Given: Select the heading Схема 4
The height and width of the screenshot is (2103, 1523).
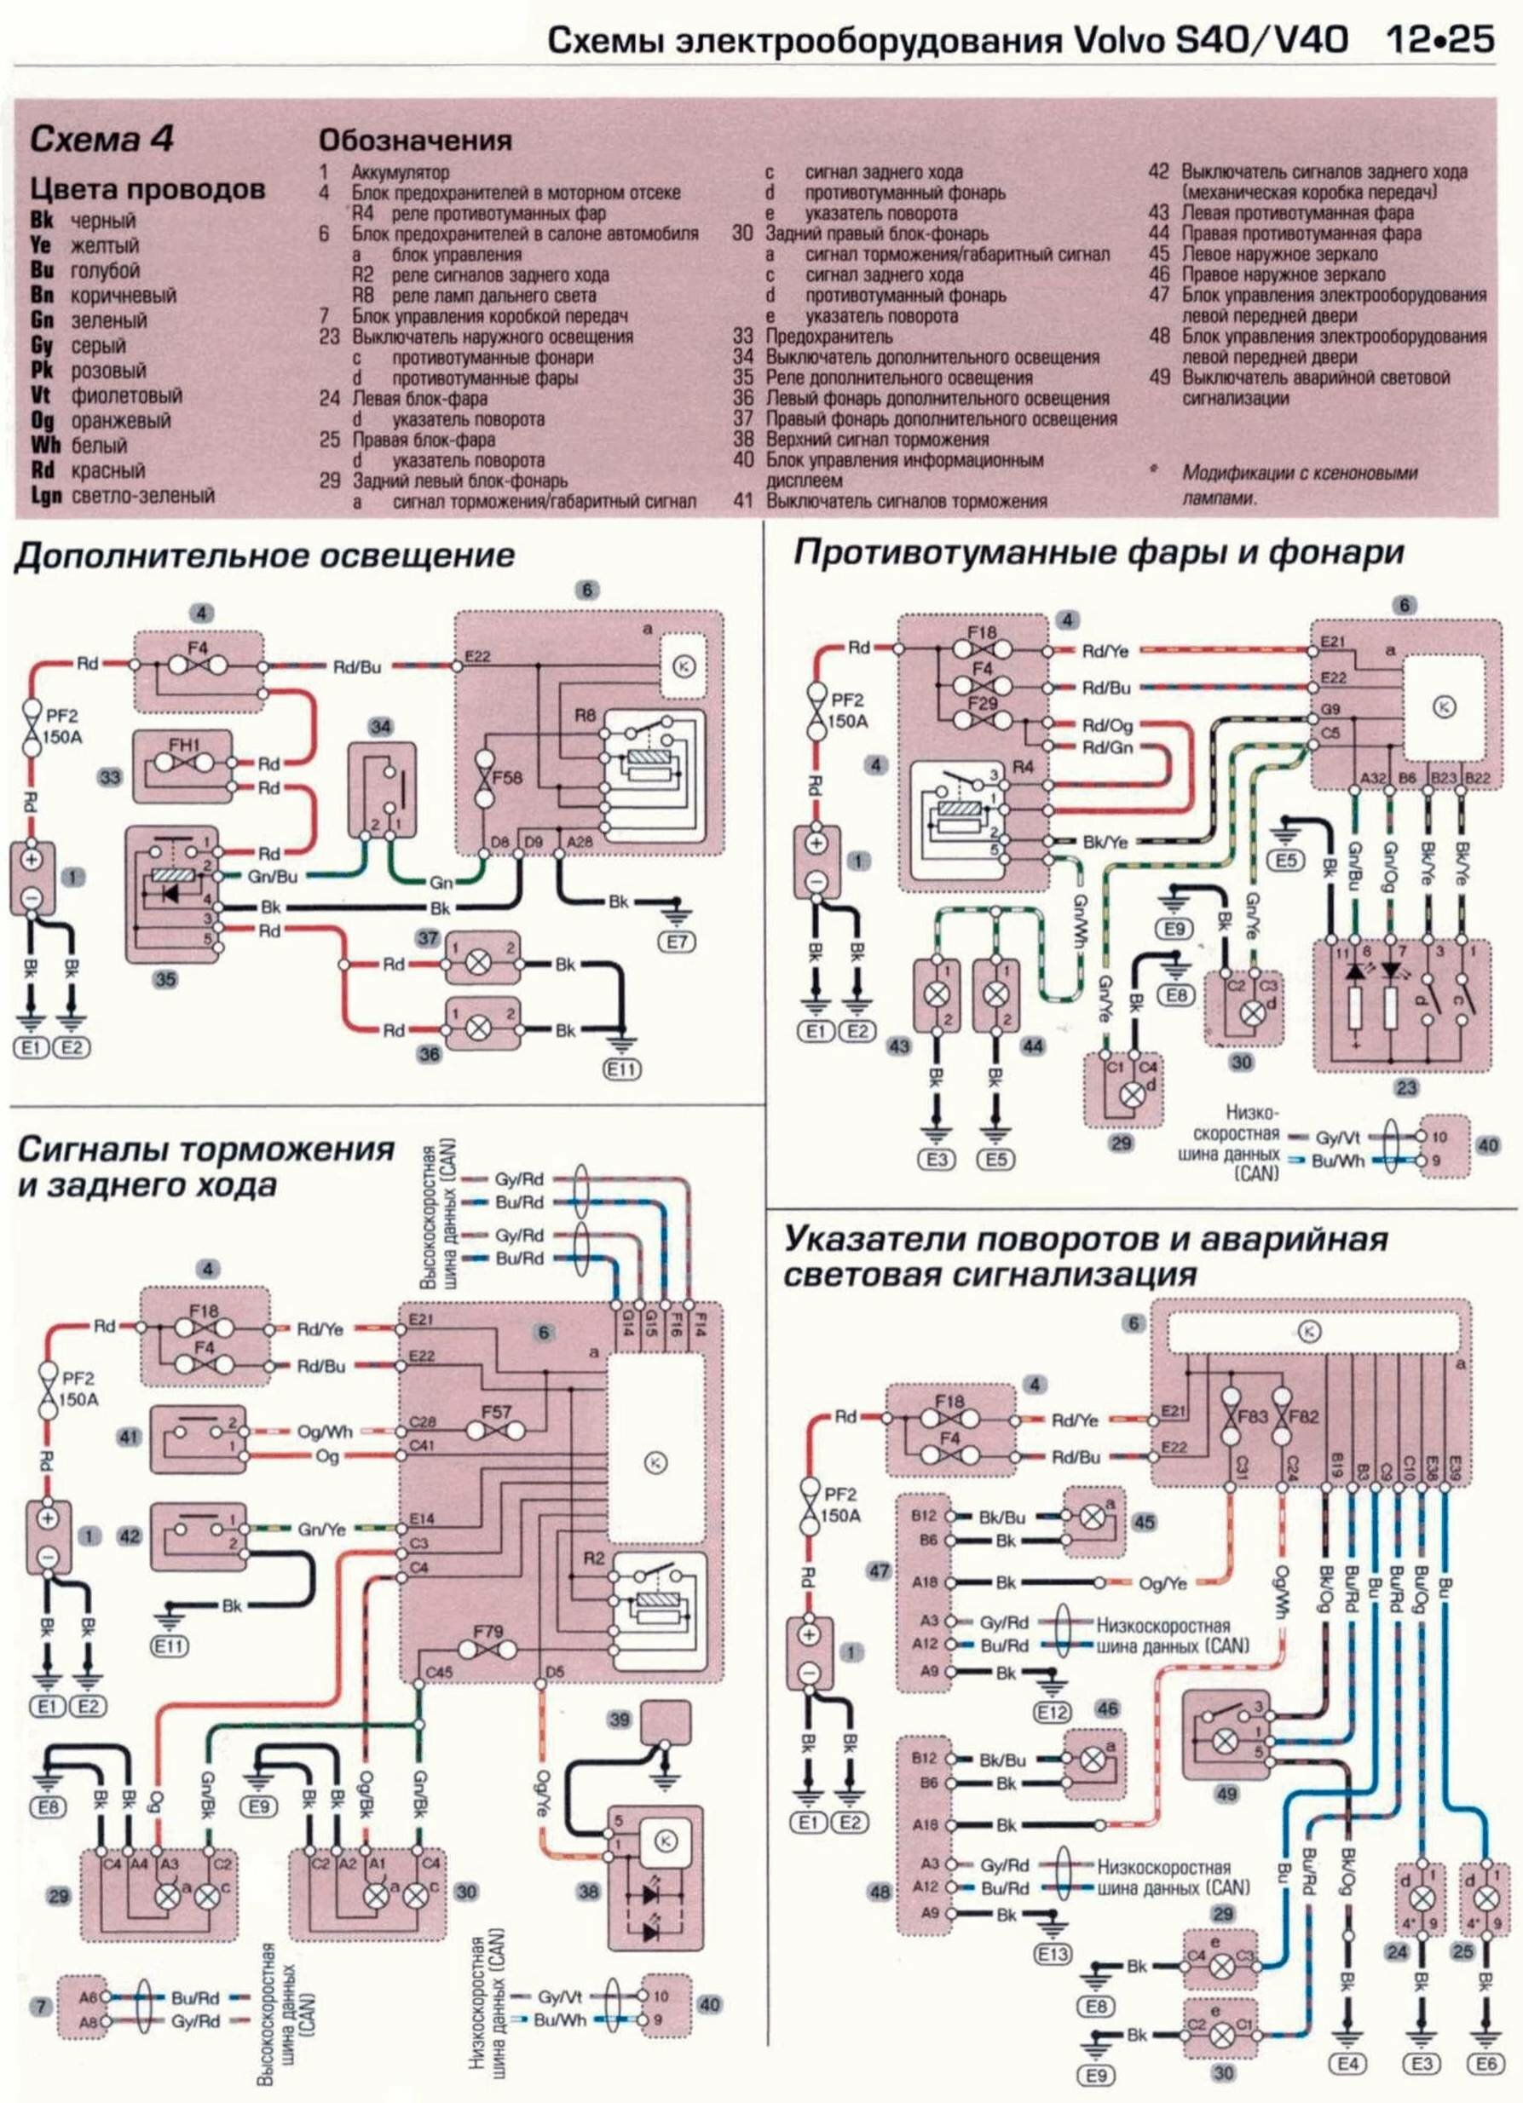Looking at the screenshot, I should pyautogui.click(x=102, y=140).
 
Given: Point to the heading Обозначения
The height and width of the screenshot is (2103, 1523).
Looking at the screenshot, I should pyautogui.click(x=414, y=140).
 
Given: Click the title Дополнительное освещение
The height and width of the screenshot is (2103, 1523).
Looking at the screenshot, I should pyautogui.click(x=265, y=556).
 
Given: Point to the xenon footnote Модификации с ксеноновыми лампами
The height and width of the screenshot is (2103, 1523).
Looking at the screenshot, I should pyautogui.click(x=1299, y=485).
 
